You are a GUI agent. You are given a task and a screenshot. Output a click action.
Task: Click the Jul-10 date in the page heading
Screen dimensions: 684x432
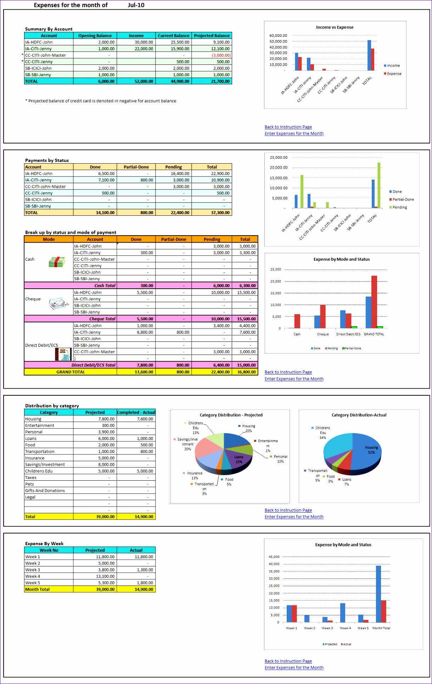136,5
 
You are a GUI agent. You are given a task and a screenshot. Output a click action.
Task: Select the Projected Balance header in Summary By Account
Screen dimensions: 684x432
212,35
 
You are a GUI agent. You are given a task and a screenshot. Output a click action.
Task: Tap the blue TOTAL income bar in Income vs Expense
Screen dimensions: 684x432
369,55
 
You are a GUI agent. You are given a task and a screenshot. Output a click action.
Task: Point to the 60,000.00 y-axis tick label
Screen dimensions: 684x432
278,35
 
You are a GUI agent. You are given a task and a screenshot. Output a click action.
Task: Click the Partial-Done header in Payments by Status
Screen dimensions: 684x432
136,167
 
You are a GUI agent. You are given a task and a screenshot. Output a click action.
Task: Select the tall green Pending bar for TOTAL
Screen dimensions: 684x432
379,185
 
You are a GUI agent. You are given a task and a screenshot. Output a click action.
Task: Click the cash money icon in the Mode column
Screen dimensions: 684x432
57,262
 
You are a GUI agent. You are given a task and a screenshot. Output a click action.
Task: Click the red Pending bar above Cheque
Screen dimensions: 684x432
323,316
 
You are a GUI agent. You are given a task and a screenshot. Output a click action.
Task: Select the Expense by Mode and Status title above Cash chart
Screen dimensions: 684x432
341,259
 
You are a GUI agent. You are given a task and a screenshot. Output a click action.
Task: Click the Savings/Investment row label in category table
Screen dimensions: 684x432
45,464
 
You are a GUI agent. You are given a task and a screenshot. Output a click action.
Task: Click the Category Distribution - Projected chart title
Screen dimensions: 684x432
231,415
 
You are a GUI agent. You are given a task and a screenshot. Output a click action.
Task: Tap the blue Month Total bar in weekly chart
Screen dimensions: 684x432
378,594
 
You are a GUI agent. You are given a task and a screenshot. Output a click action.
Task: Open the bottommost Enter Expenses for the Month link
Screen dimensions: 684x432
294,667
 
